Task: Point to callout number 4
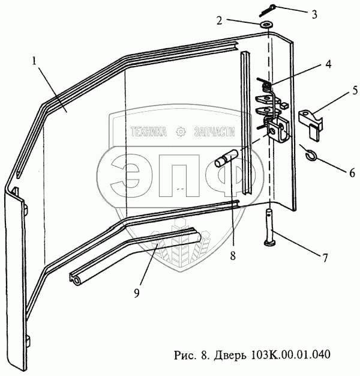click(x=311, y=62)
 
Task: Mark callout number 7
click(x=325, y=258)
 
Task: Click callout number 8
click(x=233, y=254)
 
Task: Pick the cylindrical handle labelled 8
click(x=227, y=160)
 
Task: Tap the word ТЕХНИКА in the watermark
click(x=148, y=132)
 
